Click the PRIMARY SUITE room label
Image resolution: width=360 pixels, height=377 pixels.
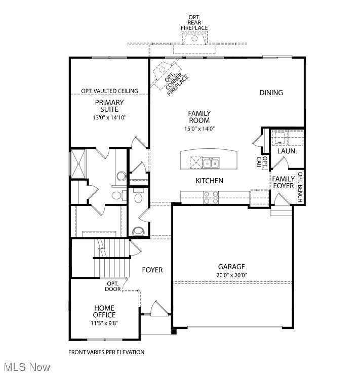(109, 106)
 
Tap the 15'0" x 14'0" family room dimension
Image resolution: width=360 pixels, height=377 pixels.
(199, 129)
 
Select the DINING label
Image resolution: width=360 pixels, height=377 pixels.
(271, 93)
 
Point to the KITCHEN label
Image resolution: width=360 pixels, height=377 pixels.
(210, 181)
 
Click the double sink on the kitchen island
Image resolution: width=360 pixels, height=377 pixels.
(212, 162)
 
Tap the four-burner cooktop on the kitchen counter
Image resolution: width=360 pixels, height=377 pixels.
(211, 197)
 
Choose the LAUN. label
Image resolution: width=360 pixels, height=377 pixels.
(287, 151)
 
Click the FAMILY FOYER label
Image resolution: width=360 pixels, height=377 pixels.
(283, 182)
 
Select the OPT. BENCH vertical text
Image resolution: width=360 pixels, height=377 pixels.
(300, 188)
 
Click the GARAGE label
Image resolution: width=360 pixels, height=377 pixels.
(231, 267)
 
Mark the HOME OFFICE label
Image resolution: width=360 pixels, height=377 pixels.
(104, 311)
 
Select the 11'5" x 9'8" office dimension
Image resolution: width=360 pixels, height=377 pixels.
(104, 323)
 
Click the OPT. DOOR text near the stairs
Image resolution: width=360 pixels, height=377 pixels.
(112, 286)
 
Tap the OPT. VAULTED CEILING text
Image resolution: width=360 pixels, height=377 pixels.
(109, 91)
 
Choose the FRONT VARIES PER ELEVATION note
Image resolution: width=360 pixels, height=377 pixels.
(106, 352)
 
